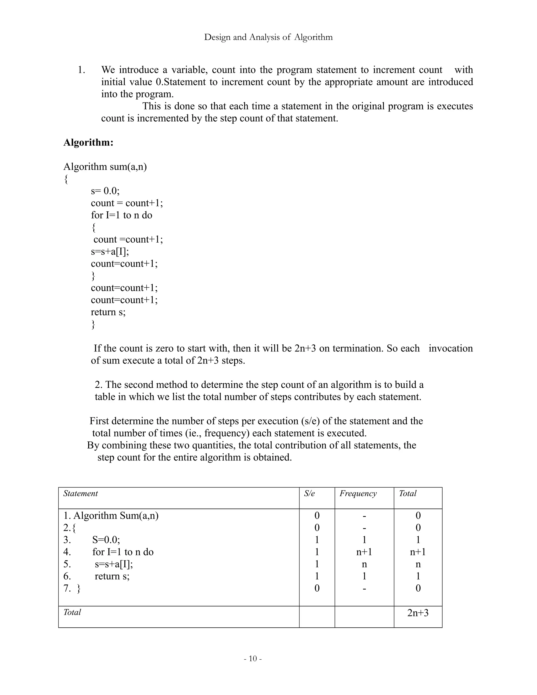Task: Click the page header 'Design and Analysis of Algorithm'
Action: [x=268, y=37]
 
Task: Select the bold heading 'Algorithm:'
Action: [x=88, y=142]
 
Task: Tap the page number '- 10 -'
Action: [x=253, y=658]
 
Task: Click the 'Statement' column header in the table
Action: [x=80, y=494]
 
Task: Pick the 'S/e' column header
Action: [x=309, y=494]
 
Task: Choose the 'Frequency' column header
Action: [x=358, y=494]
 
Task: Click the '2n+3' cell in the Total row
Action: [x=418, y=613]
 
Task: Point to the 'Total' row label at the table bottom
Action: [x=72, y=612]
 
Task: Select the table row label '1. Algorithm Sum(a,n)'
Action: [x=111, y=516]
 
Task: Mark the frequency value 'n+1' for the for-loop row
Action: [x=364, y=552]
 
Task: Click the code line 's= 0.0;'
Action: [x=105, y=191]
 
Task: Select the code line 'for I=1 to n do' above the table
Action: [x=121, y=215]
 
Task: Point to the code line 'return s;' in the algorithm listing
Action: [x=108, y=312]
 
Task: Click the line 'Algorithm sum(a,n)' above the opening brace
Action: [x=105, y=167]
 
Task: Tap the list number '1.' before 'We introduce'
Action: [x=82, y=70]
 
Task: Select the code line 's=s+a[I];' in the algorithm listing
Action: [x=110, y=252]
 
